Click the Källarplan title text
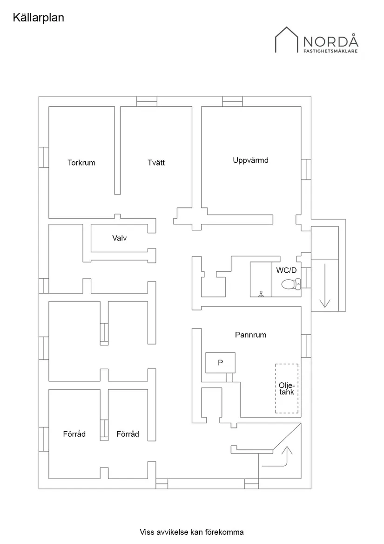(38, 18)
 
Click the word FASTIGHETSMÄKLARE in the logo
(330, 51)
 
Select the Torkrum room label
(81, 163)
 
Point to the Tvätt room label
(156, 163)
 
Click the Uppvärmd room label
(251, 160)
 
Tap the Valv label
(120, 238)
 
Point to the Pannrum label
(250, 335)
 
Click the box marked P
(220, 363)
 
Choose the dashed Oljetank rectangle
(286, 388)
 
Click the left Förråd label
(74, 434)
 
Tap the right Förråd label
(128, 434)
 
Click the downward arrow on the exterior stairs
(324, 286)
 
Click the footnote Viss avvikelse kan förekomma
(192, 532)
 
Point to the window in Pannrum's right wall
(306, 346)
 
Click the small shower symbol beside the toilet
(262, 294)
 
